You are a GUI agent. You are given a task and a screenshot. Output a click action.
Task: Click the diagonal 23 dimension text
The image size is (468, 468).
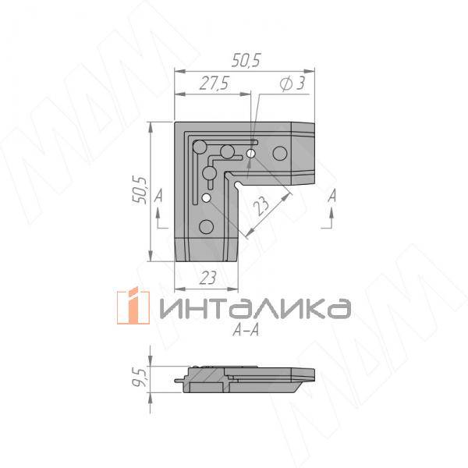click(261, 207)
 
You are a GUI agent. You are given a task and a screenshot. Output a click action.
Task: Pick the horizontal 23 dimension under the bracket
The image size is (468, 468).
click(207, 275)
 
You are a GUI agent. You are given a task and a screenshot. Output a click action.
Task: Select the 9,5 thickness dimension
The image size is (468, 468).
click(140, 378)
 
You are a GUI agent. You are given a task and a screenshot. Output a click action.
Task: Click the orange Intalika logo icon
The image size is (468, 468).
click(133, 307)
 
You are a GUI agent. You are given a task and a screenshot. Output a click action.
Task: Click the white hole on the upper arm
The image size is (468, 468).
click(250, 154)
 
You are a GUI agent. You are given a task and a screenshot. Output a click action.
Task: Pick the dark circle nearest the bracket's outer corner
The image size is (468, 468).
click(199, 146)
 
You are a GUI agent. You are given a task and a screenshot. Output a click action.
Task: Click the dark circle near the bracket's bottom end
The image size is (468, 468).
click(206, 227)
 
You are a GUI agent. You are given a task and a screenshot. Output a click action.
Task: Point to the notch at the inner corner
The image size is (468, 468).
click(236, 183)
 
